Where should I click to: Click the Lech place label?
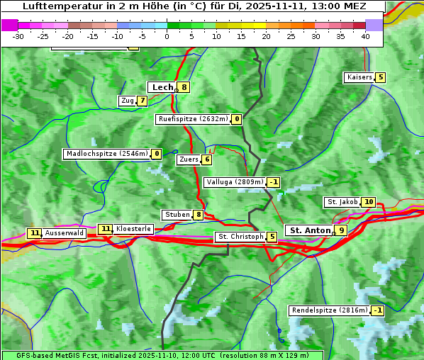coord(162,87)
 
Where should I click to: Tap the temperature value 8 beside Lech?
coord(184,88)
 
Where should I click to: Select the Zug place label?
coord(127,101)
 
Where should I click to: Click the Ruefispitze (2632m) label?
coord(193,119)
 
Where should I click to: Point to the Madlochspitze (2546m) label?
coord(106,154)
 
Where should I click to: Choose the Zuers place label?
coord(189,159)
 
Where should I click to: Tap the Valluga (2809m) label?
coord(235,182)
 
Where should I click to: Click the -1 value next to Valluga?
coord(274,182)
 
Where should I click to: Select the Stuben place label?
coord(177,215)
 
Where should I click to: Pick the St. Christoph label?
coord(240,237)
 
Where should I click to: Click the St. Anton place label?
coord(310,230)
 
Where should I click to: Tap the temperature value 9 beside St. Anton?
coord(342,230)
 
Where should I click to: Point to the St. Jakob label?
coord(342,202)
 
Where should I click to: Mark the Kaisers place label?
coord(359,77)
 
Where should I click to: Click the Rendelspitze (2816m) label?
coord(330,310)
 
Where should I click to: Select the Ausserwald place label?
coord(65,233)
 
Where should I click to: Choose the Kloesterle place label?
coord(133,229)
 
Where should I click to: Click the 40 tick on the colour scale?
coord(365,36)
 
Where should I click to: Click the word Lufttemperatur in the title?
coord(57,6)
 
